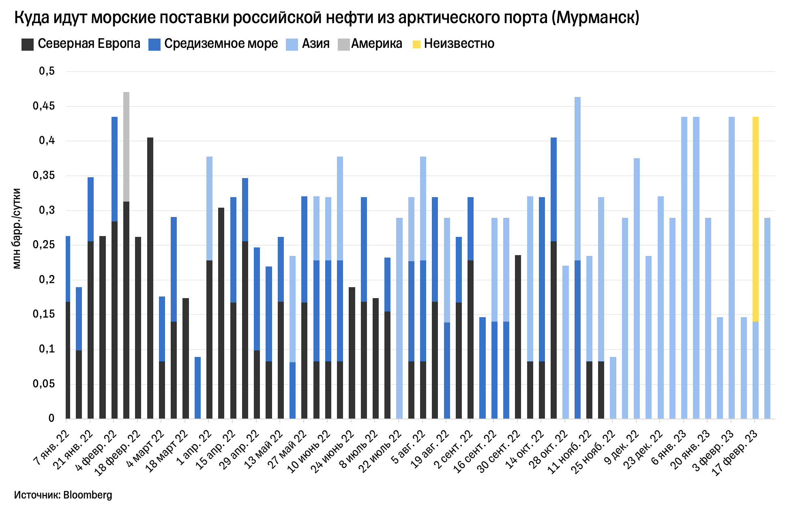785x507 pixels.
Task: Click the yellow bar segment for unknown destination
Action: pos(755,219)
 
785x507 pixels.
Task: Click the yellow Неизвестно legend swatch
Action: pos(416,44)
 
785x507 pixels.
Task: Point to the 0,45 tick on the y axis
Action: pos(44,106)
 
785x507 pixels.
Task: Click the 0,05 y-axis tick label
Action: pos(44,384)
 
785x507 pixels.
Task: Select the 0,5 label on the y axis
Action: pos(47,71)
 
